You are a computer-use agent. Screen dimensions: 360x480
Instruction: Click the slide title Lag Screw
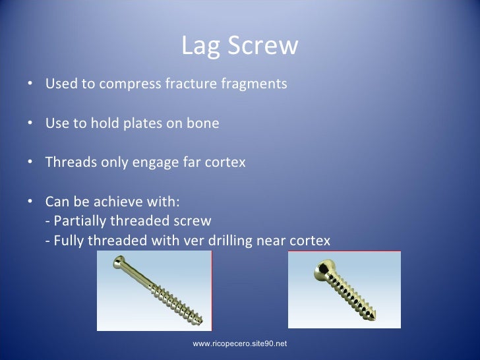(239, 46)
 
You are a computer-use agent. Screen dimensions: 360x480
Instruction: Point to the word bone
(204, 123)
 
